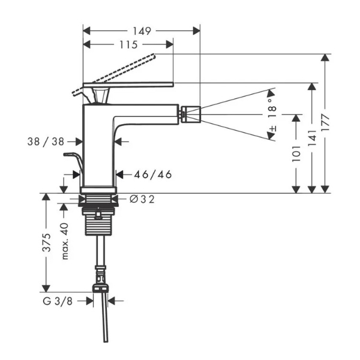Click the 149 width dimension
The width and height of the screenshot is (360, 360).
tap(142, 31)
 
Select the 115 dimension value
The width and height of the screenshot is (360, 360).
tap(128, 44)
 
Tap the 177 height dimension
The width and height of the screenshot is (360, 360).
tap(325, 122)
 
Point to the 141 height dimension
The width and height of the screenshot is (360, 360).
tap(312, 138)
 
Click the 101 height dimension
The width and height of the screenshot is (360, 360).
tap(296, 154)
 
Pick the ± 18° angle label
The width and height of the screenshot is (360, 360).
tap(272, 115)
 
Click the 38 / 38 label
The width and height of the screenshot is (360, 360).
tap(46, 142)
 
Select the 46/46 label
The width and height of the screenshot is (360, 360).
tap(153, 175)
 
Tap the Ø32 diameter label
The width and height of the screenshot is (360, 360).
tap(142, 199)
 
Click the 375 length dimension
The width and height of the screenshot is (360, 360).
tap(47, 242)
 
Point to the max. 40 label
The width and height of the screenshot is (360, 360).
tap(65, 241)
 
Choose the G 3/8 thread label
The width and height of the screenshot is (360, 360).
tap(58, 301)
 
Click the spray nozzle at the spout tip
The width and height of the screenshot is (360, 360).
tap(191, 115)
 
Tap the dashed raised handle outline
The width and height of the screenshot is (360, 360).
tap(113, 74)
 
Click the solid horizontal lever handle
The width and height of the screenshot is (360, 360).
tap(128, 85)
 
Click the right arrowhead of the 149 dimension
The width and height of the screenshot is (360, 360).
tap(197, 31)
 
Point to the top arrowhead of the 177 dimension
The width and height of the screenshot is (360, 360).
tap(325, 58)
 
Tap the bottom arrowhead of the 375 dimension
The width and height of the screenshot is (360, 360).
tap(46, 289)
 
